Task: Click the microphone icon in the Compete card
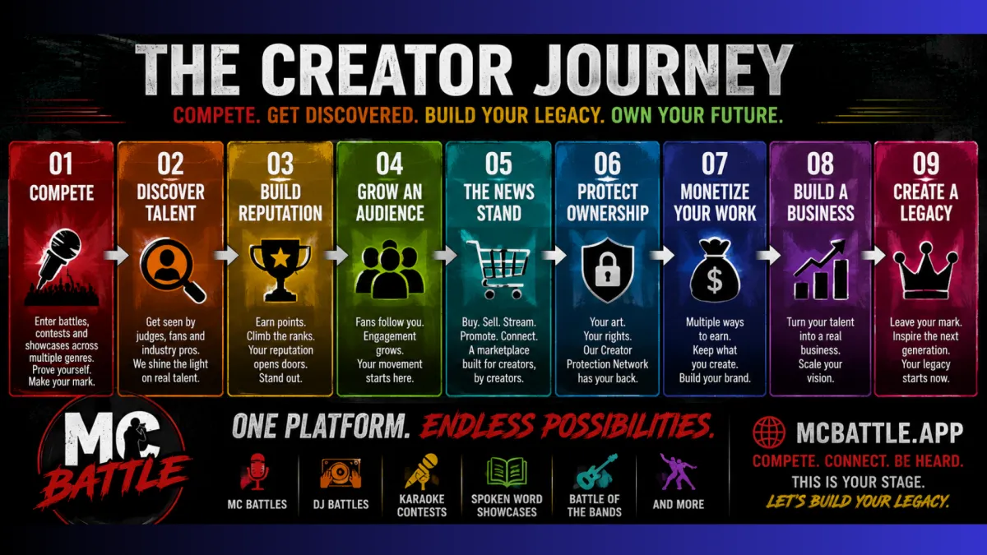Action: (58, 258)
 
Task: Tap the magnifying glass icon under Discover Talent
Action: (172, 270)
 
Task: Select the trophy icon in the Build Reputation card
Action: (280, 270)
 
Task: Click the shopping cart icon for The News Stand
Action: (498, 269)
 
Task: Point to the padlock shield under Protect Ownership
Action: (608, 270)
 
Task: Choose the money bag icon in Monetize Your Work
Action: (714, 270)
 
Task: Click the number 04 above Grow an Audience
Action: (389, 164)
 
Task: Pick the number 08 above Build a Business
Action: (820, 164)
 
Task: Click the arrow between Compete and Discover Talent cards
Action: (116, 256)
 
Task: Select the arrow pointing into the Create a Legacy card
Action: (873, 256)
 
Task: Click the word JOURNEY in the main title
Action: (662, 70)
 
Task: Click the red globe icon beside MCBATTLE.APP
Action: (769, 432)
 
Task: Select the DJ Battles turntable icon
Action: (341, 473)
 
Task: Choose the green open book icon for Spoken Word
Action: (507, 472)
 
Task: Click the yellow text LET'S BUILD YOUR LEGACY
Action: (857, 502)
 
